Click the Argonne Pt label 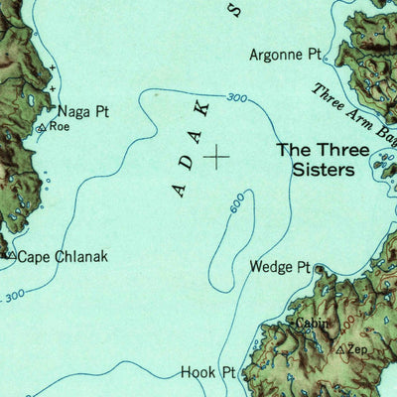[286, 56]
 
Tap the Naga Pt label [81, 112]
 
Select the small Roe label [61, 127]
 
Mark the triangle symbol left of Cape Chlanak [9, 256]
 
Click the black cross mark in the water [216, 156]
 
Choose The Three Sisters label [316, 160]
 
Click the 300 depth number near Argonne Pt [236, 97]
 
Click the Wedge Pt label [280, 267]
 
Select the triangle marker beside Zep [340, 351]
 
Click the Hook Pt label [208, 373]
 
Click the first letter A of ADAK [179, 189]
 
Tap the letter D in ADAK [187, 162]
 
